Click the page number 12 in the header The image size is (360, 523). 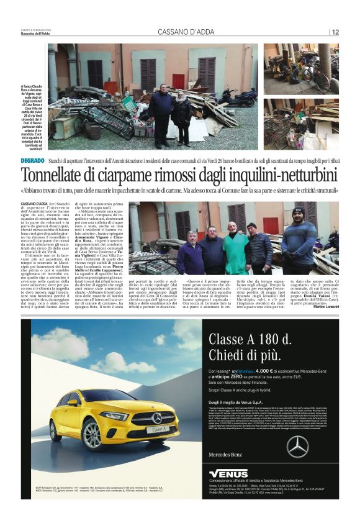335,32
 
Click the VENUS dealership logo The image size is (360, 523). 229,473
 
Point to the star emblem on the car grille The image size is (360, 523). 158,417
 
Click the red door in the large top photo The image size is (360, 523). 178,81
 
